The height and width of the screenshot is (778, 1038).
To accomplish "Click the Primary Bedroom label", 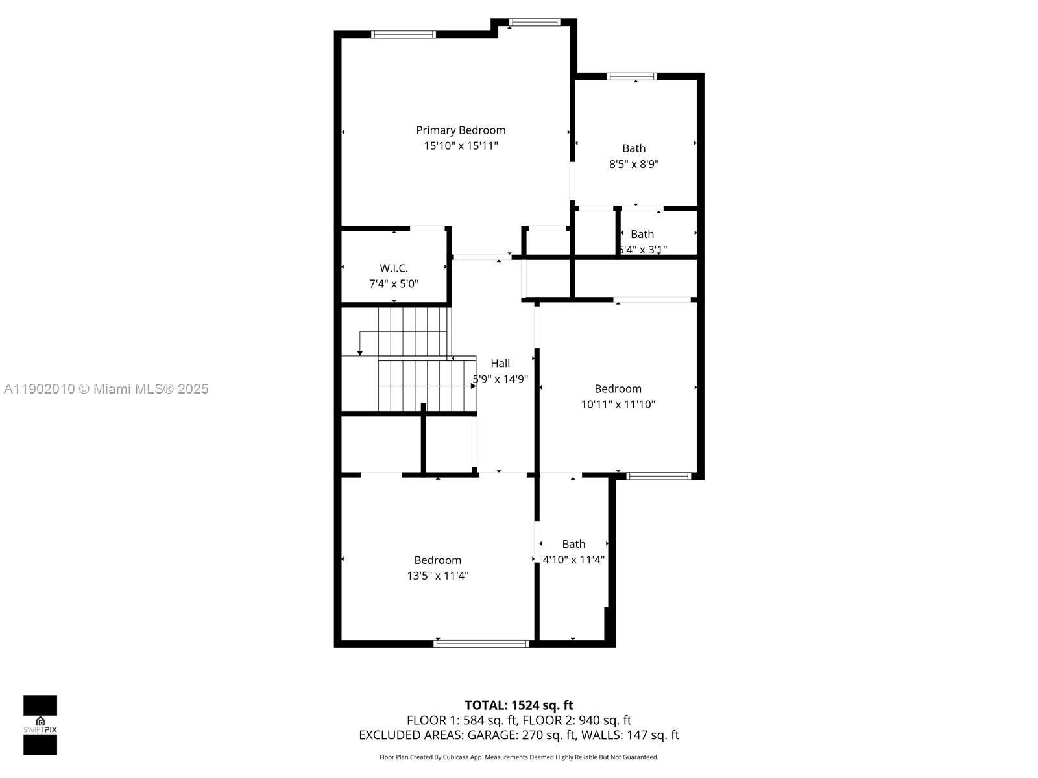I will pos(461,130).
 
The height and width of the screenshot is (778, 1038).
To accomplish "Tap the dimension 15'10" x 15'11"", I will pos(461,146).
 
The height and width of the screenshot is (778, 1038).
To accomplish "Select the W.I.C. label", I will pos(394,268).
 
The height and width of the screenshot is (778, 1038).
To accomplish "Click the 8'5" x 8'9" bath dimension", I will pos(634,164).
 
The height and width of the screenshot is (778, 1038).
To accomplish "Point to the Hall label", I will pos(500,363).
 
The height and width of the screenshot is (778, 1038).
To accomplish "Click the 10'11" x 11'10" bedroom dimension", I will pos(618,405).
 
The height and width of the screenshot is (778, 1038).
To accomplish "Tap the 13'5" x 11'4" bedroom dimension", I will pos(438,576).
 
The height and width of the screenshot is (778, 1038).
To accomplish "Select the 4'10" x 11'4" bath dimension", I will pos(573,560).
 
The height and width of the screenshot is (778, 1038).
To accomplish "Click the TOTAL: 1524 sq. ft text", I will pos(518,705).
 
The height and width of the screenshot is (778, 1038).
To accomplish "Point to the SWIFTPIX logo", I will pos(40,725).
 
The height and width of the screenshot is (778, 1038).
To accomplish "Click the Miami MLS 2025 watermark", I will pos(106,389).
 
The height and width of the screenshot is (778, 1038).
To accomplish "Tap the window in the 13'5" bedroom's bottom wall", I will pos(481,643).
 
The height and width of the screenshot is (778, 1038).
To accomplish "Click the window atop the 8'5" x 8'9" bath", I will pos(632,77).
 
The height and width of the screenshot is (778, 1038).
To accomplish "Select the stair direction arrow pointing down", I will pos(360,352).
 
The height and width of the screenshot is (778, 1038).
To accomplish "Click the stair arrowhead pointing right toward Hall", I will pos(473,386).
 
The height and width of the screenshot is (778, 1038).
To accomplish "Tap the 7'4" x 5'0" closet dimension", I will pos(394,284).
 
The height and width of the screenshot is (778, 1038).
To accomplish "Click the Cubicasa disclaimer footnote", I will pos(518,757).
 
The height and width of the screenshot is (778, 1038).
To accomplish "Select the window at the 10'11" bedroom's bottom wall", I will pos(659,476).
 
